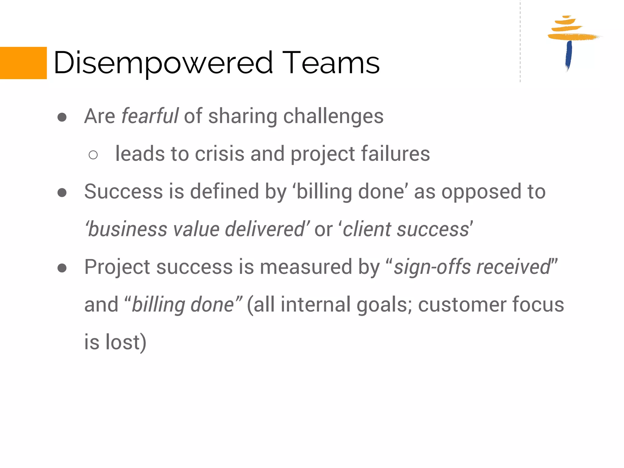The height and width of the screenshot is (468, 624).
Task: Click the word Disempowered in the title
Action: [163, 63]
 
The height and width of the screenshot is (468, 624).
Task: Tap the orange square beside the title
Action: [23, 63]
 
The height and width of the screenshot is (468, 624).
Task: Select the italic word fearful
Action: [150, 116]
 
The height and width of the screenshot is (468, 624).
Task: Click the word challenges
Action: [333, 117]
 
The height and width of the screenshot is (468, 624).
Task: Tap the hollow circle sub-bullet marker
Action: [93, 155]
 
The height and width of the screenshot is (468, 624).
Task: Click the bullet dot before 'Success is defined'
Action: [62, 193]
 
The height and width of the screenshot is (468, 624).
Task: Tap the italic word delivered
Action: [265, 229]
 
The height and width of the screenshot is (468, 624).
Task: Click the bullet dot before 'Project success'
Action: [62, 268]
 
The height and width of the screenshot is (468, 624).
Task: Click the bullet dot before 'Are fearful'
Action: [62, 117]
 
